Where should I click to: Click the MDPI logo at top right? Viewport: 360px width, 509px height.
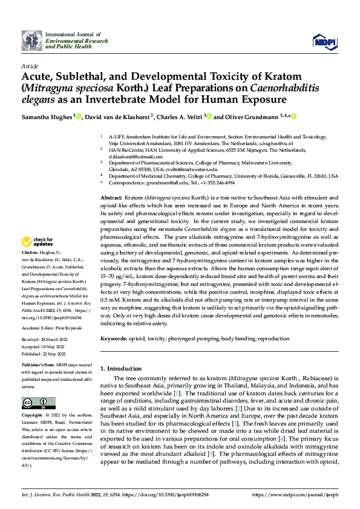(321, 41)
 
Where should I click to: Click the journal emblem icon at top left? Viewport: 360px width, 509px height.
(32, 40)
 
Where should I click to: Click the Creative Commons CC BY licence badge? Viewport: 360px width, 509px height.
(38, 403)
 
